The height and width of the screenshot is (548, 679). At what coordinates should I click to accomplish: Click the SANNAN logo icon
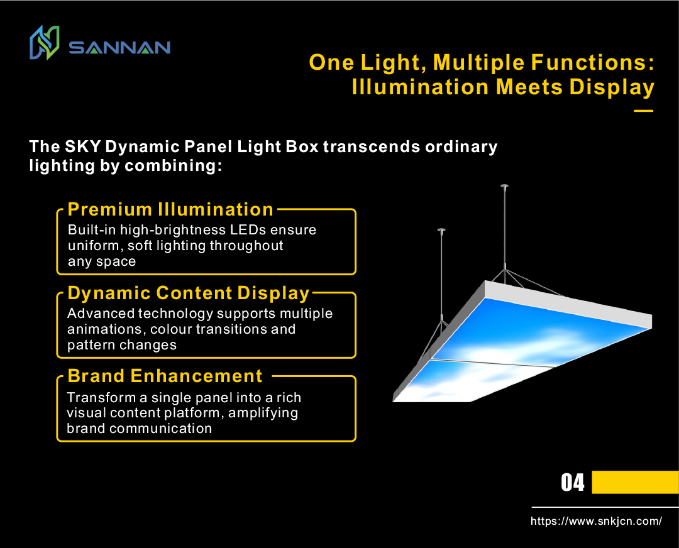[x=44, y=43]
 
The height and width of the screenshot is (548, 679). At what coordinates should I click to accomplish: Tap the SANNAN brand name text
[x=119, y=48]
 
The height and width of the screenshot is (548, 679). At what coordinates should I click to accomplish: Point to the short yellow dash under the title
[x=643, y=111]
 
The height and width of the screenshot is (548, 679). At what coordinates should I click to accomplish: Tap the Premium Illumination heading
[x=170, y=209]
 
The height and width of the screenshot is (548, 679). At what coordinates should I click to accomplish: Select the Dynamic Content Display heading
[x=189, y=293]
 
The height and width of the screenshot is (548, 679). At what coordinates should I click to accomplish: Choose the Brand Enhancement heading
[x=165, y=376]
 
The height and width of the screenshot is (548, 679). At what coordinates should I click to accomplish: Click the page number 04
[x=572, y=483]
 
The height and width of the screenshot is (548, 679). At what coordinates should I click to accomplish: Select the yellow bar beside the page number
[x=635, y=483]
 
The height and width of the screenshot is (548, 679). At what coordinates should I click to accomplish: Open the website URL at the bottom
[x=596, y=521]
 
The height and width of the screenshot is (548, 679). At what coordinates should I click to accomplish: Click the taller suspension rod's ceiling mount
[x=504, y=186]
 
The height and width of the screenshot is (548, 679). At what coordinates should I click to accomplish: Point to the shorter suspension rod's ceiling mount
[x=441, y=229]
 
